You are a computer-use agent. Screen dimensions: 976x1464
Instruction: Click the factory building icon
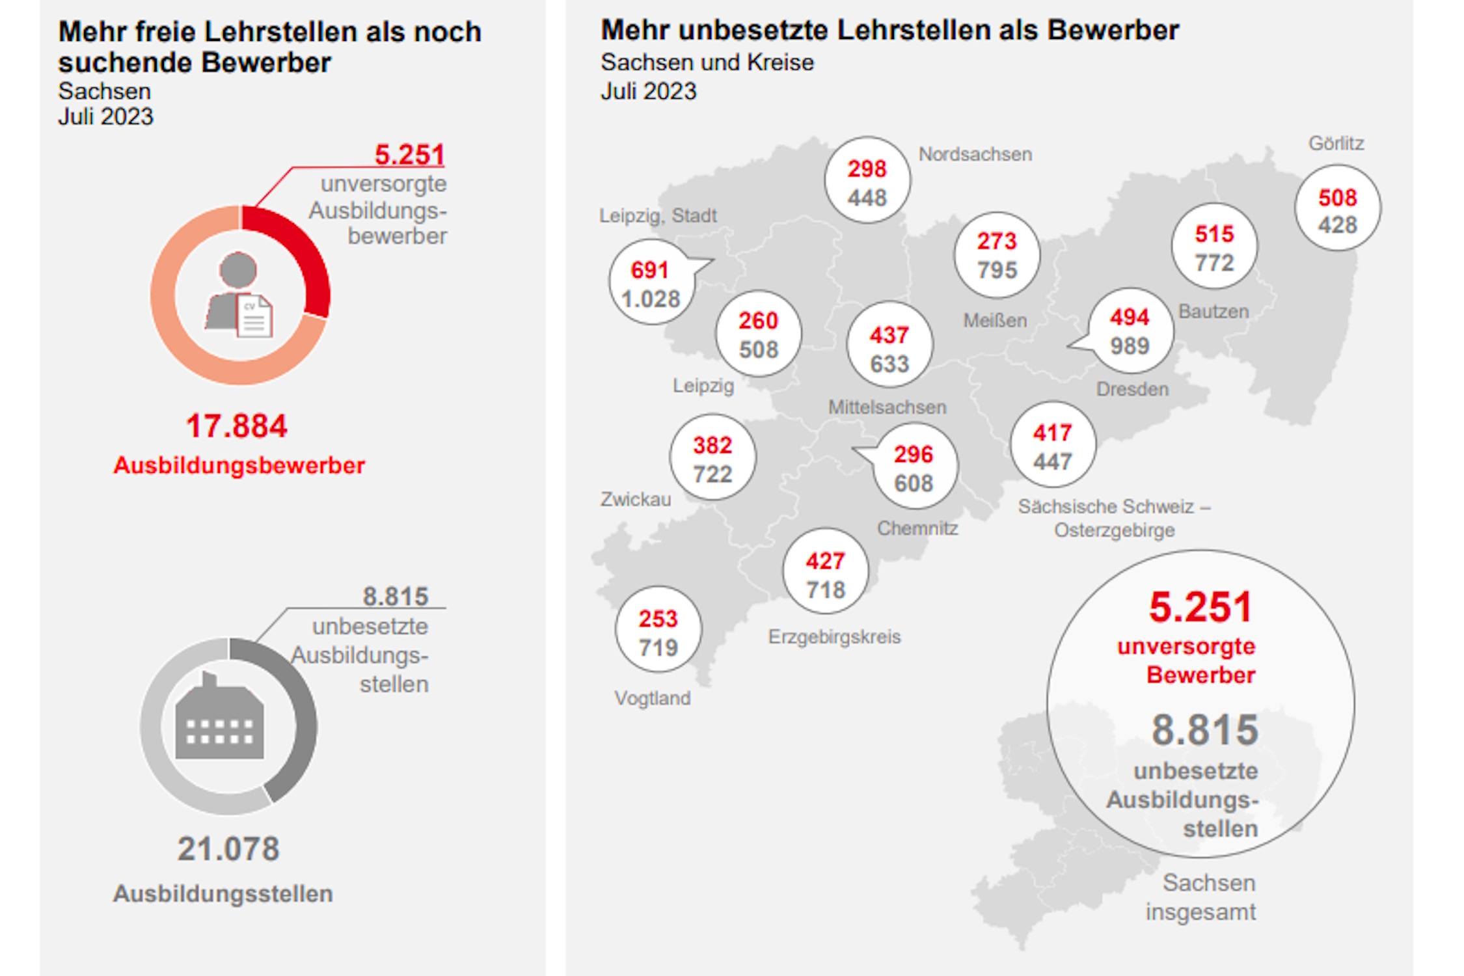[x=220, y=719]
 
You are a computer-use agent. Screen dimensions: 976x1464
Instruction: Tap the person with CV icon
[x=239, y=296]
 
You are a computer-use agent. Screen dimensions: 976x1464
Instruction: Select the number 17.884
[x=236, y=426]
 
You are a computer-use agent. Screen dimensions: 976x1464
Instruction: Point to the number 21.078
[x=228, y=849]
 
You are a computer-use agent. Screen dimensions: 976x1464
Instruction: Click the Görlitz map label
[x=1336, y=143]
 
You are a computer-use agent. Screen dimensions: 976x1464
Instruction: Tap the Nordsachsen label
[x=975, y=154]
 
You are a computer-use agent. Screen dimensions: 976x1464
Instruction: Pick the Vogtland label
[x=653, y=698]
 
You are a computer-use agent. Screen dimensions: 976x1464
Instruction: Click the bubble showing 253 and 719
[x=658, y=631]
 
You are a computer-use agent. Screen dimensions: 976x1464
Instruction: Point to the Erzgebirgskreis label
[x=834, y=636]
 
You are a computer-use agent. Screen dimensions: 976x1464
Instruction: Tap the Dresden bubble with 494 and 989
[x=1130, y=331]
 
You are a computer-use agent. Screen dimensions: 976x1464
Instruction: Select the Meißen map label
[x=995, y=320]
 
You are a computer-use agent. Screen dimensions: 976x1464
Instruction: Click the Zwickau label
[x=635, y=499]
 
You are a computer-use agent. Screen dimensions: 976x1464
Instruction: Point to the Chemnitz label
[x=917, y=528]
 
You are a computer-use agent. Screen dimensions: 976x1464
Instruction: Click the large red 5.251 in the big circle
[x=1200, y=606]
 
